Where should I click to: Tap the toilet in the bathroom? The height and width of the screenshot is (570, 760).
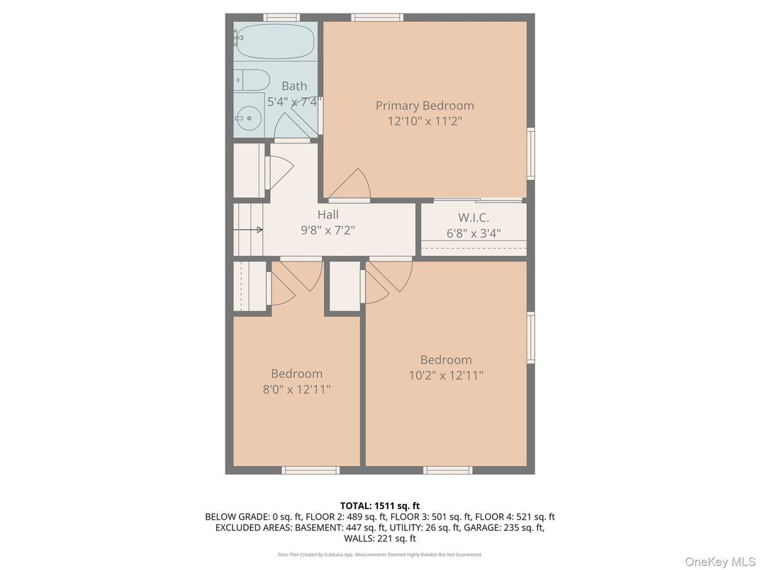252,79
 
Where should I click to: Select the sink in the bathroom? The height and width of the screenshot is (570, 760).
249,116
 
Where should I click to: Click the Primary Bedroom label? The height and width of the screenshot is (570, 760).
425,106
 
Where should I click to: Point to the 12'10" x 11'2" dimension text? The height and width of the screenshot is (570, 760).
425,121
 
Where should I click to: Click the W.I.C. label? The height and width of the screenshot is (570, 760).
473,218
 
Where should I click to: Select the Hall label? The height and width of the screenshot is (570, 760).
328,215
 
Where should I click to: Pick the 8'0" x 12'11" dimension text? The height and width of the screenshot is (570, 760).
296,389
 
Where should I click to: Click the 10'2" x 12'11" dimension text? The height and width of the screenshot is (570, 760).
446,376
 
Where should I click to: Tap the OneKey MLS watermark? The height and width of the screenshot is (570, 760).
720,561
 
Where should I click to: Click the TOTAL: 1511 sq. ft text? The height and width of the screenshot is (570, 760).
379,505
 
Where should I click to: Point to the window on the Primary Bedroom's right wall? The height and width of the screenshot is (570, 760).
530,153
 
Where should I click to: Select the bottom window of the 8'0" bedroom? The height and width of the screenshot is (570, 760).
311,470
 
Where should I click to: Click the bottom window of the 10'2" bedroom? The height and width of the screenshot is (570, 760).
447,470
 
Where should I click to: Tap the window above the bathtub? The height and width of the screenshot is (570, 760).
281,17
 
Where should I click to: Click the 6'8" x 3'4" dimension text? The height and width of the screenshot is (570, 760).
474,233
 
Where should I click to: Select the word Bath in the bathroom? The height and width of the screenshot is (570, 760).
294,86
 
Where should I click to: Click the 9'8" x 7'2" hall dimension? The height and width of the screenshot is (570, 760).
328,230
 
